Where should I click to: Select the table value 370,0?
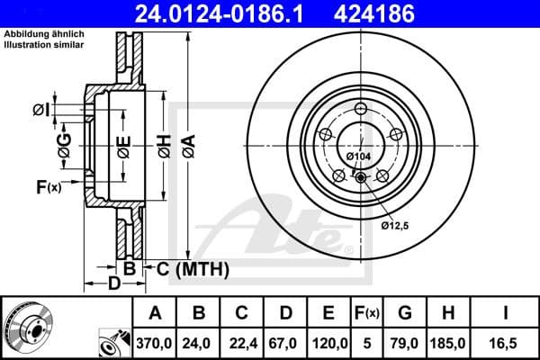click(154, 342)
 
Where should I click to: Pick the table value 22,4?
click(242, 342)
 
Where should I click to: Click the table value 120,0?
click(329, 342)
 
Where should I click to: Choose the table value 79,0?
click(405, 342)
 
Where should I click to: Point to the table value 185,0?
click(448, 342)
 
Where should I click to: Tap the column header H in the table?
click(448, 314)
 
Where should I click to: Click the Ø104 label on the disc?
click(358, 157)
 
